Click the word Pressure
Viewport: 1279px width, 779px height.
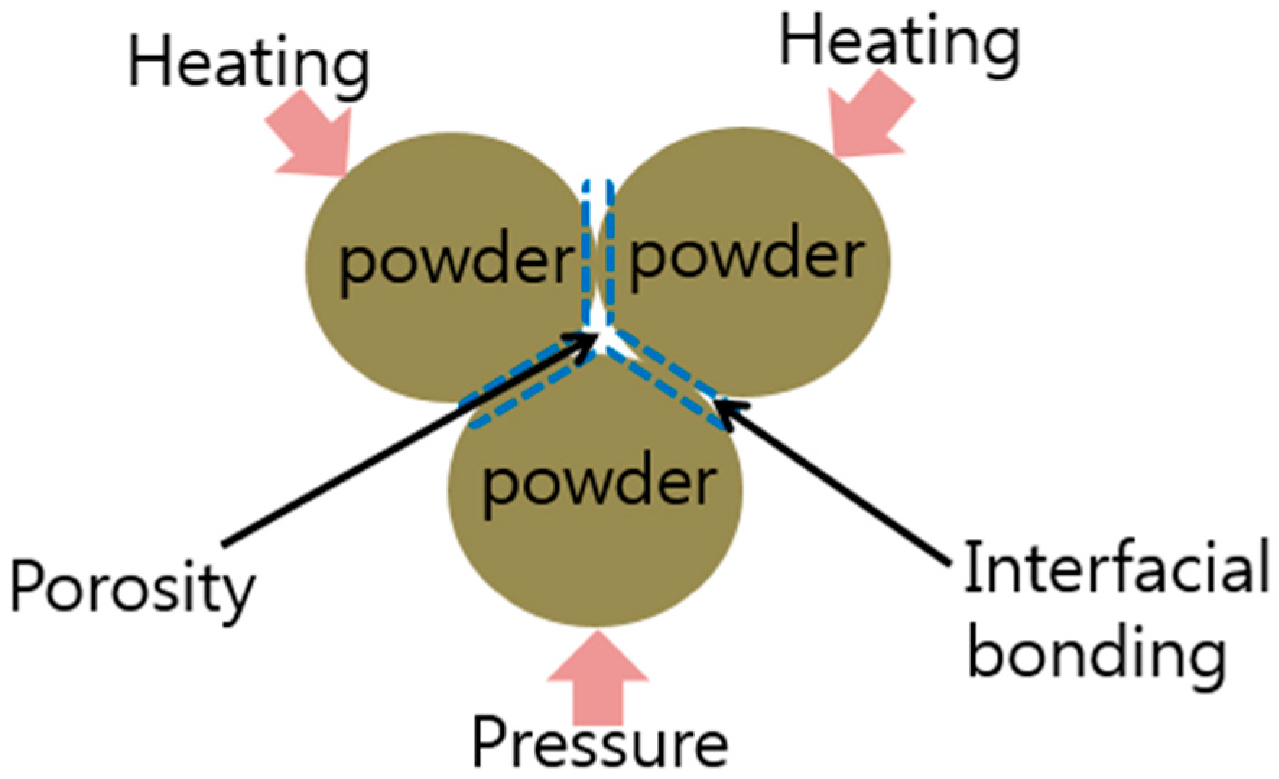[599, 744]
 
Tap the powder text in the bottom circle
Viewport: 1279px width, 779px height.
[599, 484]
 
